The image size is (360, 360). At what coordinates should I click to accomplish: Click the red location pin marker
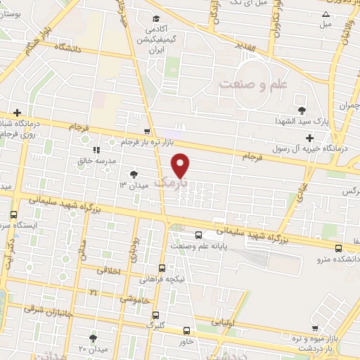point(181,165)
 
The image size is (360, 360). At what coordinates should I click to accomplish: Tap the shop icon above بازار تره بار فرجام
point(146,131)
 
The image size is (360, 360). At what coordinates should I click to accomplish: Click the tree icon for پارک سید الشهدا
point(302,110)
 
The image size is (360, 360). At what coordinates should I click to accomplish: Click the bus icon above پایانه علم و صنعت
point(198,235)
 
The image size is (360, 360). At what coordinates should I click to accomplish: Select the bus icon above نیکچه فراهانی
point(162,268)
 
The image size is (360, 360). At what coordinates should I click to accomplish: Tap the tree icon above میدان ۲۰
point(92,338)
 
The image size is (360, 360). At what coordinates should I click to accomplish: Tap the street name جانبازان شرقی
point(49,307)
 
